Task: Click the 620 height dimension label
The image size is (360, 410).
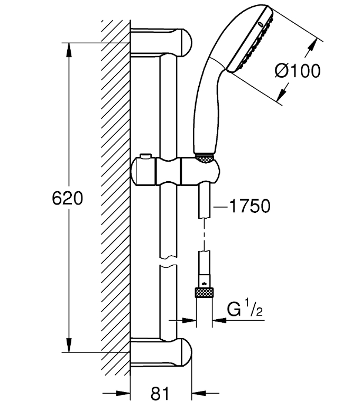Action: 68,198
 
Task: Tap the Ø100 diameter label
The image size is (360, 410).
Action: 298,71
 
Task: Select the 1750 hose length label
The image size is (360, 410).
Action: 250,206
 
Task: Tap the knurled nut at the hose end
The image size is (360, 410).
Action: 204,292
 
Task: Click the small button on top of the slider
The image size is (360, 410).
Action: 145,156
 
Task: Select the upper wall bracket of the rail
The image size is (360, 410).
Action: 161,42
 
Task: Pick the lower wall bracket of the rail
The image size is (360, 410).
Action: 161,352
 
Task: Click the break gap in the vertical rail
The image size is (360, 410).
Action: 168,262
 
